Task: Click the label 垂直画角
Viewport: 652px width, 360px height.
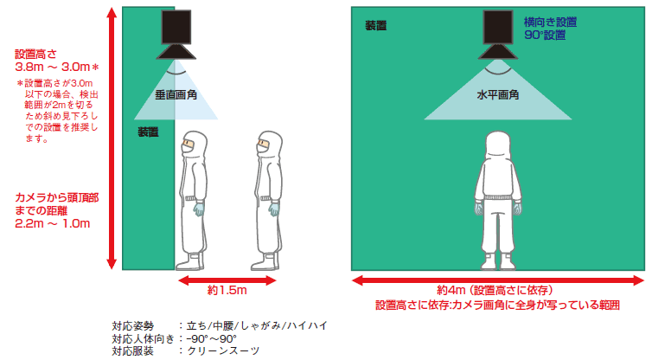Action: pos(176,95)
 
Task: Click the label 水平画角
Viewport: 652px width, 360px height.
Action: pos(498,95)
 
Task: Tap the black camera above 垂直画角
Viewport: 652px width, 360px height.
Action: pos(176,35)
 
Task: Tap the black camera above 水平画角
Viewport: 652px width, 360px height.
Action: pos(498,35)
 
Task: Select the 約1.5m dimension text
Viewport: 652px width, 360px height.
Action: pos(227,290)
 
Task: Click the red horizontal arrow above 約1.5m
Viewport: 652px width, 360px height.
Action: pos(227,280)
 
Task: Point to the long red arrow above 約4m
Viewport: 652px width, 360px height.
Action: pos(498,280)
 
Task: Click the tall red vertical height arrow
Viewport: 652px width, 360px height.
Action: pos(112,138)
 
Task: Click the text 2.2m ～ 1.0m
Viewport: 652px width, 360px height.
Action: pos(53,223)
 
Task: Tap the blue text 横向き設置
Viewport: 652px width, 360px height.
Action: pos(550,22)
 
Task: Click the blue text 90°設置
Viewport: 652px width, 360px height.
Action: pos(545,35)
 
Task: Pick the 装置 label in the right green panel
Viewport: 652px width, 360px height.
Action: pos(376,26)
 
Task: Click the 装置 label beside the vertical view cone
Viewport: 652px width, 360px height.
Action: pos(148,132)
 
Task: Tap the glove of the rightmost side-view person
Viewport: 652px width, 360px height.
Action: pos(273,209)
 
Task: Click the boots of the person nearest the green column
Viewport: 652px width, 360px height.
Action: pos(190,262)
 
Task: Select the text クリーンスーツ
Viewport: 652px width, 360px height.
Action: pos(223,350)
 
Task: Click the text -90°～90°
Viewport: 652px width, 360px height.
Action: pos(211,338)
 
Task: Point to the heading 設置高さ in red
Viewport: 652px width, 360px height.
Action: pos(35,55)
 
